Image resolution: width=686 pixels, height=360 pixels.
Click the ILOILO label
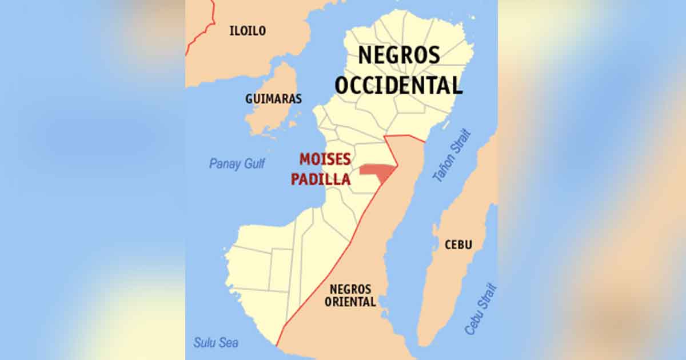point(248,31)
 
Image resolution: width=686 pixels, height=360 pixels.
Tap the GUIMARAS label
point(273,99)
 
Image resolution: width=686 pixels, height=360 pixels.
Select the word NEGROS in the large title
point(399,55)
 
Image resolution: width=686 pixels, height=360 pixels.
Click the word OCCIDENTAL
point(398,86)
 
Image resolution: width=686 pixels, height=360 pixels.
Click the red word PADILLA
point(321,179)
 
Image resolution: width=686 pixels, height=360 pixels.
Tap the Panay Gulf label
point(237,164)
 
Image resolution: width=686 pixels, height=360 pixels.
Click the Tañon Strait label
point(452,156)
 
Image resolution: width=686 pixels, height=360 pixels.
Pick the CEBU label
point(458,245)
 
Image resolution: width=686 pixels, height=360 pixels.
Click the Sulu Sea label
point(216,343)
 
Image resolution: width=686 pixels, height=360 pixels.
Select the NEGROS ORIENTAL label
point(350,295)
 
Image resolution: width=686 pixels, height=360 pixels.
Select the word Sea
point(229,343)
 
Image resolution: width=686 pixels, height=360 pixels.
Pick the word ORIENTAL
point(350,302)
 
